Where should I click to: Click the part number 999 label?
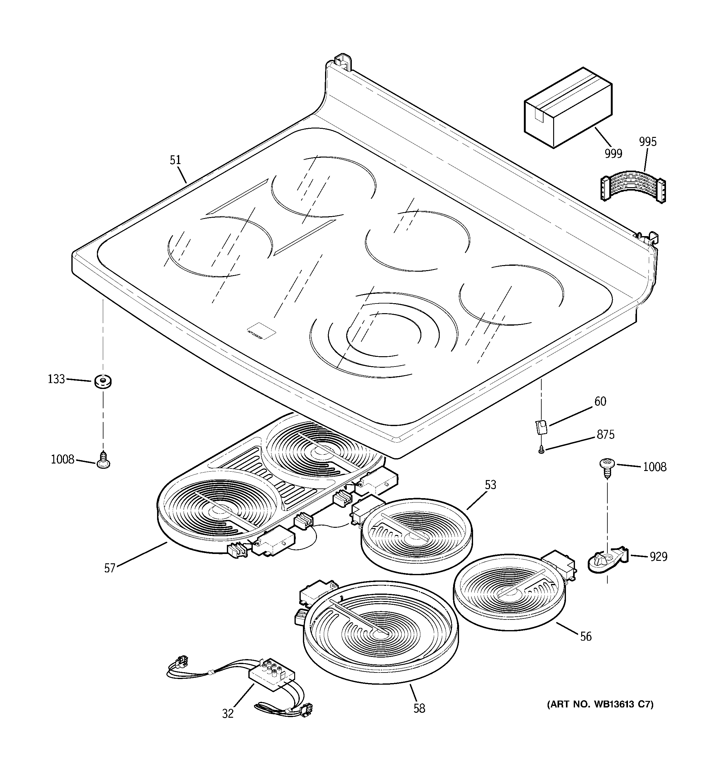(613, 154)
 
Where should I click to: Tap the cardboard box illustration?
(568, 107)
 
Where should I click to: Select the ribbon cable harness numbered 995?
(632, 189)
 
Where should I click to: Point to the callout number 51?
(175, 160)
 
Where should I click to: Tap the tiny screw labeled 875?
(541, 450)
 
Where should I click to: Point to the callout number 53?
(490, 485)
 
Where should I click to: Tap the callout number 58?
(419, 708)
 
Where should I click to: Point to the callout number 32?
(228, 713)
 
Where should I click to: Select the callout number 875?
(606, 435)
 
